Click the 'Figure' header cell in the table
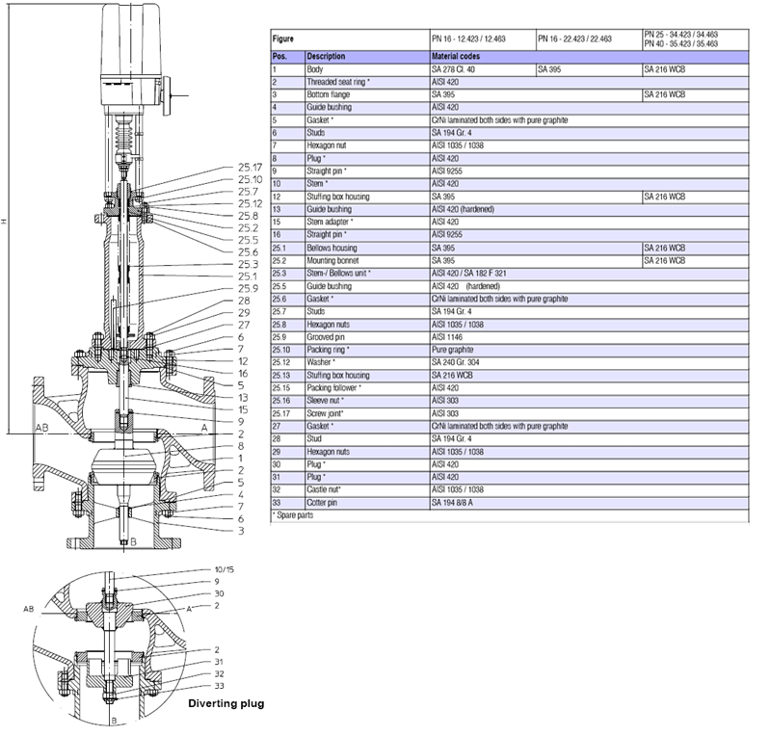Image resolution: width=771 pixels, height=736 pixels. click(283, 39)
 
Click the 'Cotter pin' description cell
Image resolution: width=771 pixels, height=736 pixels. click(325, 503)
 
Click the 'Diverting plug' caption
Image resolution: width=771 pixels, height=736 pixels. click(225, 703)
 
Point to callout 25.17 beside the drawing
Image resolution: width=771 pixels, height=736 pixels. click(250, 167)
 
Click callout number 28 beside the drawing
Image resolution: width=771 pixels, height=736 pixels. click(243, 301)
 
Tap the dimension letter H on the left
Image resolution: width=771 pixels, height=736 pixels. click(5, 223)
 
